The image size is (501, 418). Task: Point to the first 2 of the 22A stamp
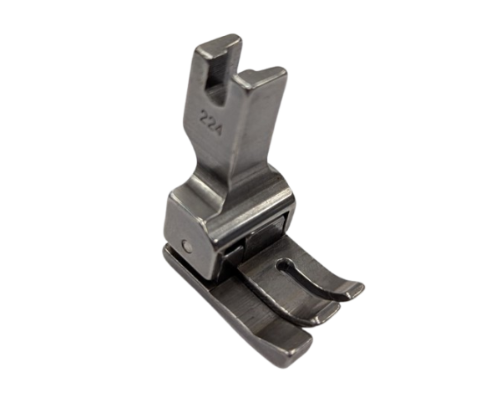click(205, 115)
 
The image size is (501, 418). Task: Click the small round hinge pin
click(187, 247)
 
